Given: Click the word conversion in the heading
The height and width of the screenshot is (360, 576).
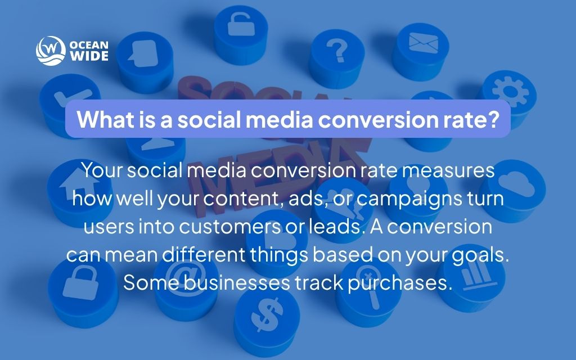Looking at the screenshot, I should (x=383, y=119).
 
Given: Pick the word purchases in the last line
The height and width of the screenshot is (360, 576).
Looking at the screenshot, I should (x=400, y=282).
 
